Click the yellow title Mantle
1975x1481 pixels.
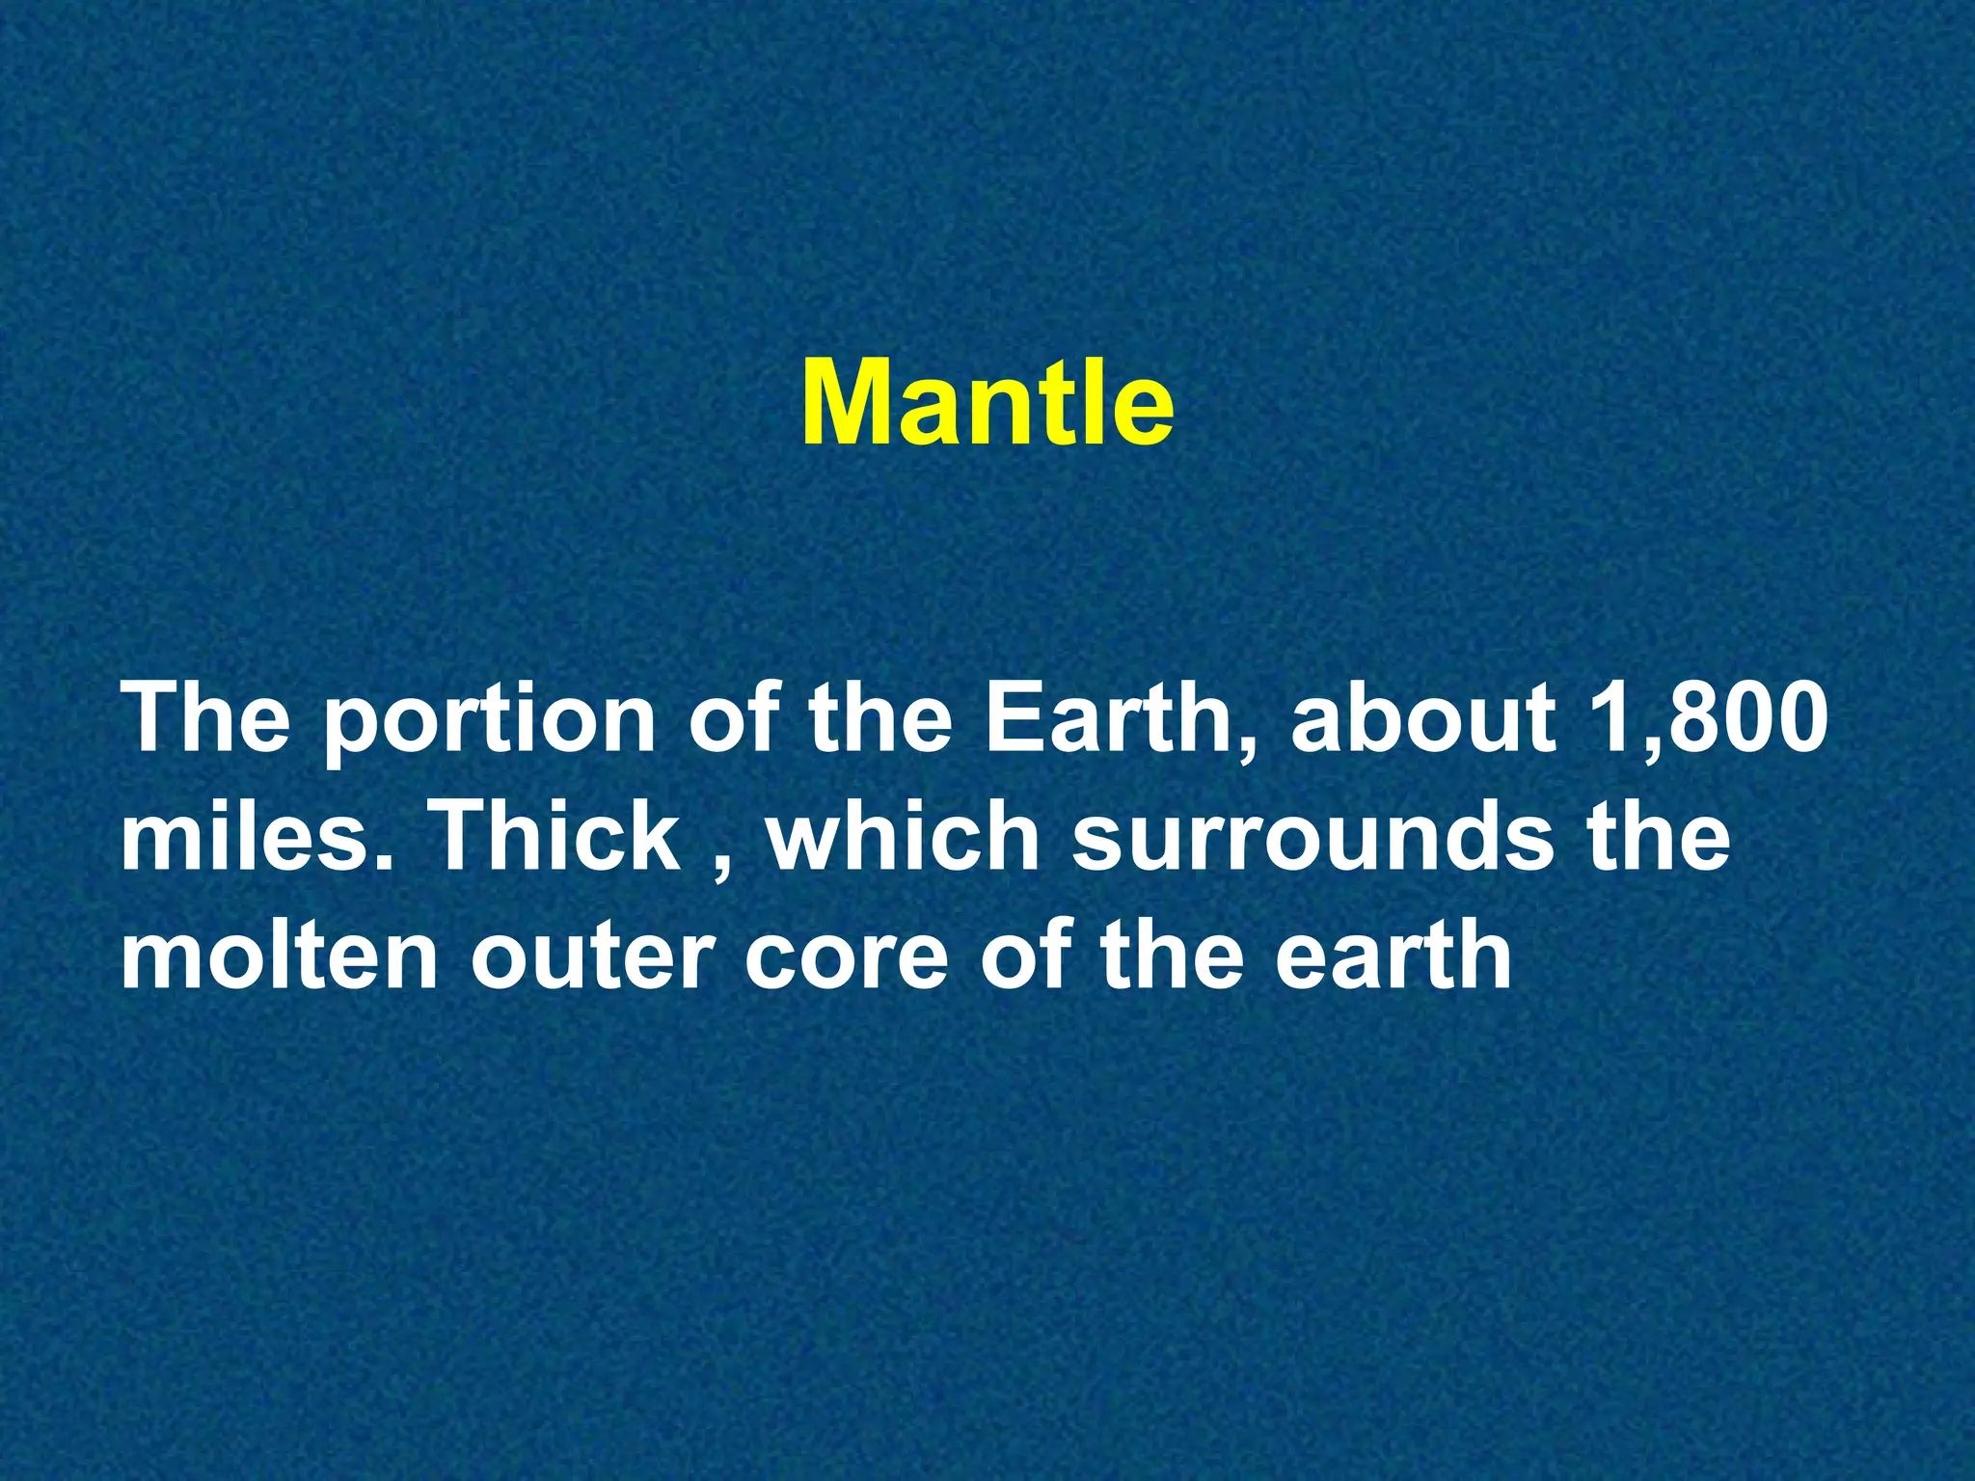pyautogui.click(x=987, y=403)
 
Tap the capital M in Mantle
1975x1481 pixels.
pyautogui.click(x=847, y=403)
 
